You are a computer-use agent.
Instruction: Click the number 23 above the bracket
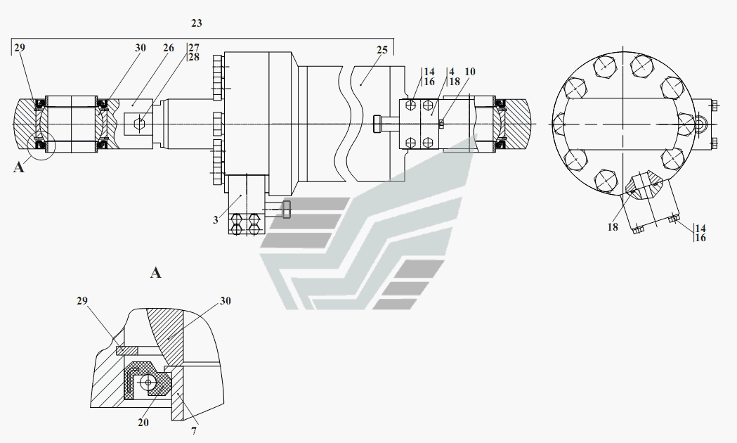197,23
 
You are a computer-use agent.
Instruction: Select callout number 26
169,48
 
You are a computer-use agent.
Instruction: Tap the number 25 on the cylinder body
382,50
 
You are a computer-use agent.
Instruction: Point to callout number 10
470,72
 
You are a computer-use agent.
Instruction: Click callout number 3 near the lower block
216,220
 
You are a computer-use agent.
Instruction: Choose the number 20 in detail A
143,423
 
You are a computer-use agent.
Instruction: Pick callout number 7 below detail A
194,431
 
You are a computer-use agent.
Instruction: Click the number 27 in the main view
194,48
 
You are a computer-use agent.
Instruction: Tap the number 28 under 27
194,57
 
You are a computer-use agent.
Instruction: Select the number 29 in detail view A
82,300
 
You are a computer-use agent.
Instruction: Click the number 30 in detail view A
226,300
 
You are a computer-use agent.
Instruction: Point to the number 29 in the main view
19,48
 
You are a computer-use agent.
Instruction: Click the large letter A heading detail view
155,273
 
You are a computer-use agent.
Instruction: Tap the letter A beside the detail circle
18,167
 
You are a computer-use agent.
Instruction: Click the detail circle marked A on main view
41,146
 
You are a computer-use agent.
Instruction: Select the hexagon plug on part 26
140,124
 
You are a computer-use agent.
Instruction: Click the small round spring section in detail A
148,383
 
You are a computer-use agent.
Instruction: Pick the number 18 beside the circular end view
613,227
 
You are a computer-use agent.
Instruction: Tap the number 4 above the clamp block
452,72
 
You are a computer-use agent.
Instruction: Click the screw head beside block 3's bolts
286,210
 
